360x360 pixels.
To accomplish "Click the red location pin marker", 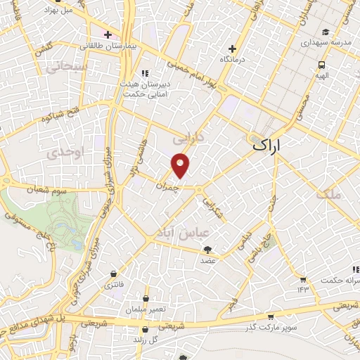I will tap(181, 165).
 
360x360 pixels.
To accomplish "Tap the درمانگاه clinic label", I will tap(235, 59).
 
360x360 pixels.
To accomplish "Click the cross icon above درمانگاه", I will tap(233, 49).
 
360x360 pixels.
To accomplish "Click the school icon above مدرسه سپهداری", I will tap(326, 32).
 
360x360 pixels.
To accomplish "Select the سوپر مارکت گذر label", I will tap(271, 328).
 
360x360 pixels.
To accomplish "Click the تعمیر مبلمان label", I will tap(145, 309).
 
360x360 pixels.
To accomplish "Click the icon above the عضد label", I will tap(207, 249).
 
